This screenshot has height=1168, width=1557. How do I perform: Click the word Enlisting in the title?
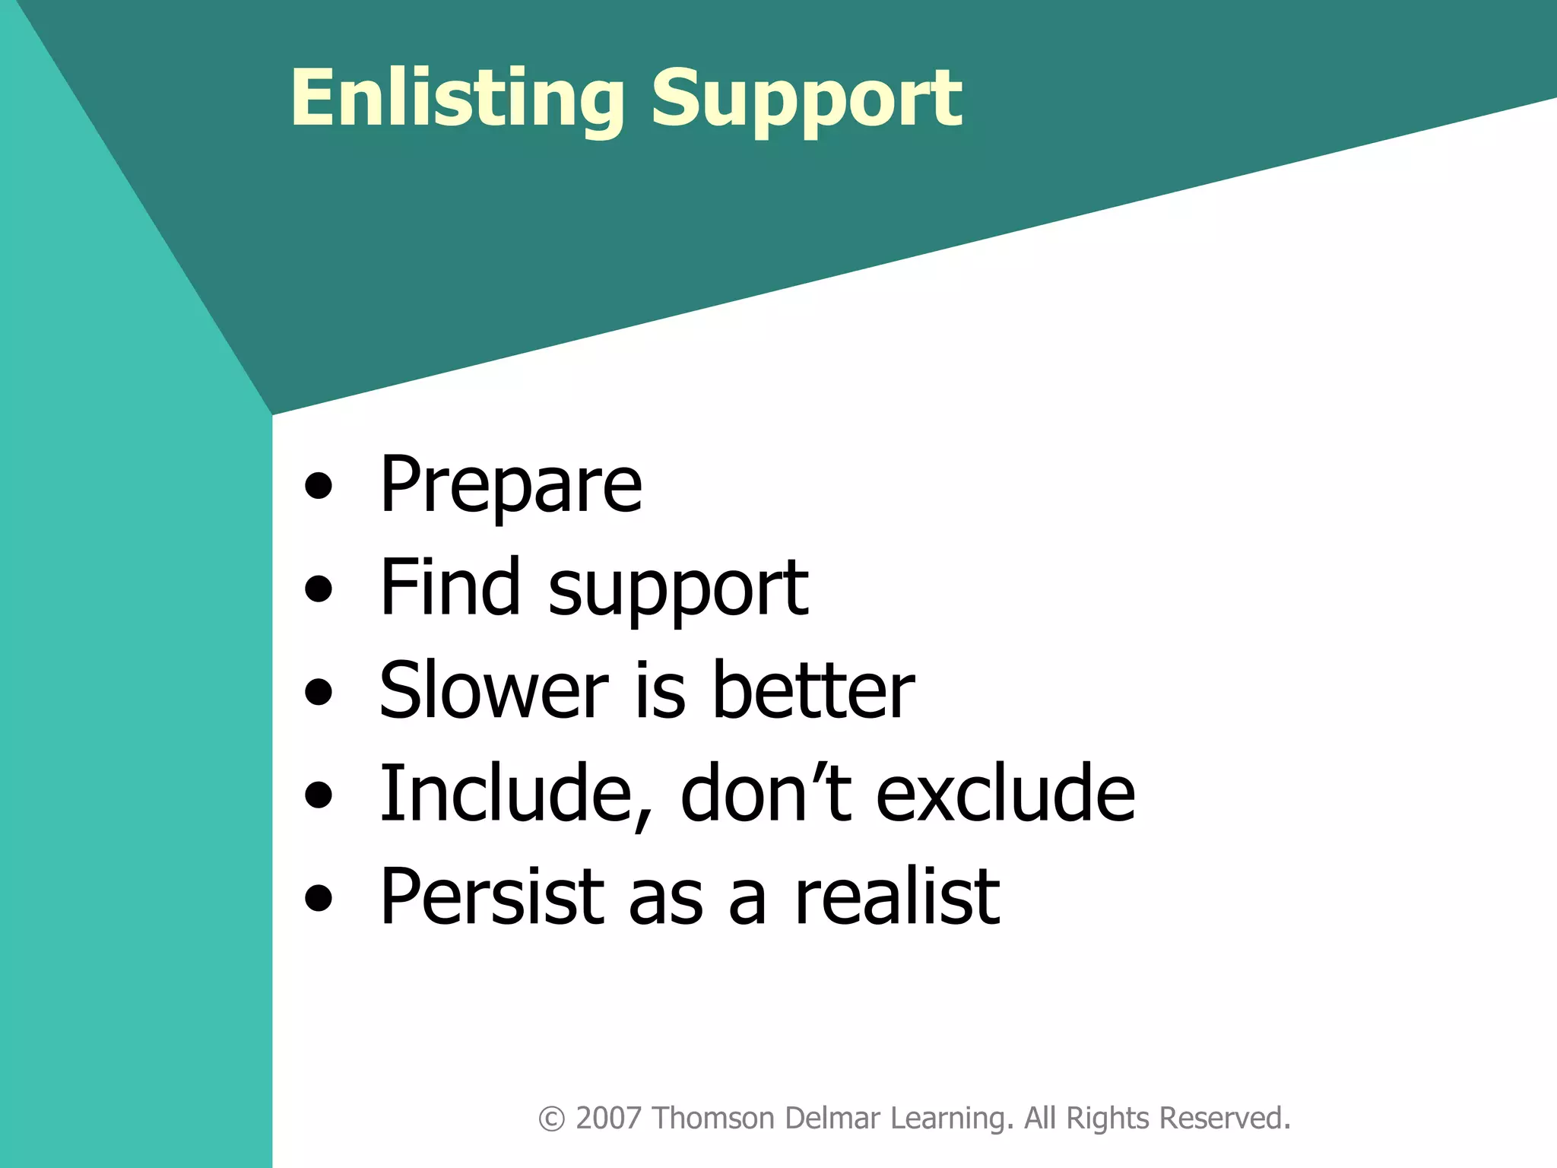(457, 99)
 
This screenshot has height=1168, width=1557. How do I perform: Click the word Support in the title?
(807, 99)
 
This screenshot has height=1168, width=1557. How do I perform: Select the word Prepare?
(511, 485)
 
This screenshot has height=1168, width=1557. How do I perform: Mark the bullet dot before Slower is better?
(319, 691)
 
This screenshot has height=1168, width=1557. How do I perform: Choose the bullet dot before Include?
(319, 795)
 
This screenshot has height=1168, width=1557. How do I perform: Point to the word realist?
(897, 897)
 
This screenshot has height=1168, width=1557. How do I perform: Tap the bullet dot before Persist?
(319, 898)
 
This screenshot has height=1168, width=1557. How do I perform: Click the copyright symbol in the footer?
(551, 1119)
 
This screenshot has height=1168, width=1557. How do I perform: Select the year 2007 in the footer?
(609, 1119)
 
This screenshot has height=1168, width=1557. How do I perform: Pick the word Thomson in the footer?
(713, 1119)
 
